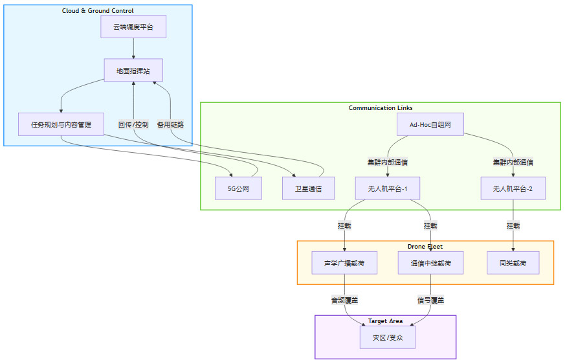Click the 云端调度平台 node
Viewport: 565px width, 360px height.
pos(133,27)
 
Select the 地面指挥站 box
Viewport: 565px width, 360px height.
pos(133,71)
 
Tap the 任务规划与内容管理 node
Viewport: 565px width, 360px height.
pos(61,124)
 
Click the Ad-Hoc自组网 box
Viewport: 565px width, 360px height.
pos(430,124)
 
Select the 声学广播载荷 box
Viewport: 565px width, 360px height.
pos(344,263)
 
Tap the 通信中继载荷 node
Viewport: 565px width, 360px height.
pos(430,263)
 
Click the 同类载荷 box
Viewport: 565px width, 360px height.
pos(513,263)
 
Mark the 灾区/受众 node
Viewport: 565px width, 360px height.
pos(388,337)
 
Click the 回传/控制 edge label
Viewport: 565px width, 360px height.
pos(133,124)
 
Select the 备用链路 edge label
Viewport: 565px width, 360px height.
pos(170,124)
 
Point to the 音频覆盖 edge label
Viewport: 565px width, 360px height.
pos(344,300)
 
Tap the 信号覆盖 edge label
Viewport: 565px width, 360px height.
pos(430,300)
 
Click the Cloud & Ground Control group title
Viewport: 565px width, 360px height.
pos(98,11)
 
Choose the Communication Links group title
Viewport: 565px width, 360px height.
pos(381,108)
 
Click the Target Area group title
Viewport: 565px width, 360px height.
pos(386,321)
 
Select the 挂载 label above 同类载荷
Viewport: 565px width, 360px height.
pos(513,226)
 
